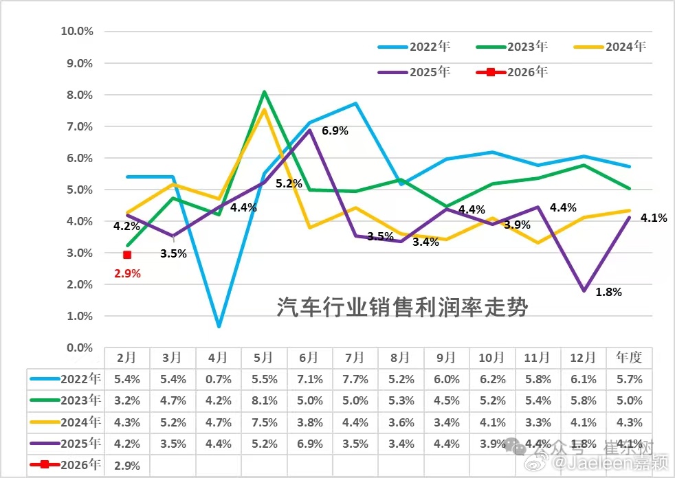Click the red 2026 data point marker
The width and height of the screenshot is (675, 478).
pos(127,255)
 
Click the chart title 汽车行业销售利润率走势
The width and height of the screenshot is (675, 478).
pos(402,307)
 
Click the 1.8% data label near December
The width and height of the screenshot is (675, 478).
pos(608,292)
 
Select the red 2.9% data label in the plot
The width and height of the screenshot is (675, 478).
pos(127,273)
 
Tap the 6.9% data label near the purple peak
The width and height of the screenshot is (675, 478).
pos(335,130)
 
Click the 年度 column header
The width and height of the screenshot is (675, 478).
pos(629,358)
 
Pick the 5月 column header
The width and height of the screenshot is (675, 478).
pos(264,358)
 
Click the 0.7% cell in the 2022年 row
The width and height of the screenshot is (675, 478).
pos(218,379)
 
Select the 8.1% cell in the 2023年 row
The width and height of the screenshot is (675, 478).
pos(264,400)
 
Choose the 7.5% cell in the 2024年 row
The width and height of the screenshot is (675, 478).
pos(264,422)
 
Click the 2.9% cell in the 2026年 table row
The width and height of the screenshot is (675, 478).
pos(126,465)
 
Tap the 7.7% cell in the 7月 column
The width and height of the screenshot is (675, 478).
pos(355,379)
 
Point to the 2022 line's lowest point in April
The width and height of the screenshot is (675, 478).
pos(219,326)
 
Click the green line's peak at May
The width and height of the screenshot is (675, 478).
pos(264,91)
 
